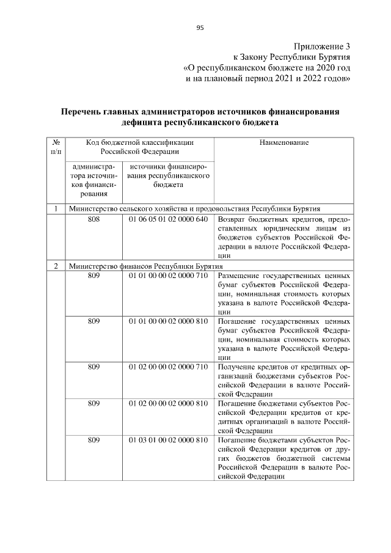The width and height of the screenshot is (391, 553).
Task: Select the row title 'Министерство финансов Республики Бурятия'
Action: tap(146, 266)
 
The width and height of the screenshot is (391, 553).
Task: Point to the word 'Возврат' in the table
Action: tap(233, 219)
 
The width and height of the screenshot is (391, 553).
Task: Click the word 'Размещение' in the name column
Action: tap(239, 277)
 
